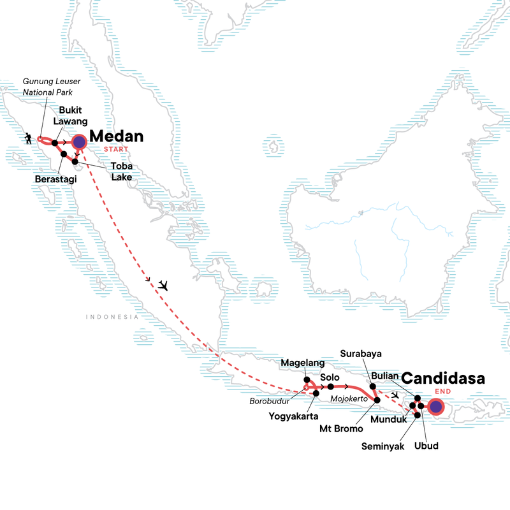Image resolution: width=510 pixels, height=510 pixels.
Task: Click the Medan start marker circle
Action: point(79,142)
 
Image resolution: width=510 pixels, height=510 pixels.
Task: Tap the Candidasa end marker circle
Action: point(435,405)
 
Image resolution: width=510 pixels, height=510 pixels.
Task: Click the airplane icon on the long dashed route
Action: point(164,285)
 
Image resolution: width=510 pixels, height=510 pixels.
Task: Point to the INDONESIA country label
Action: point(113,317)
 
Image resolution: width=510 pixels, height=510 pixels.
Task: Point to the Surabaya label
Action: point(361,354)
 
